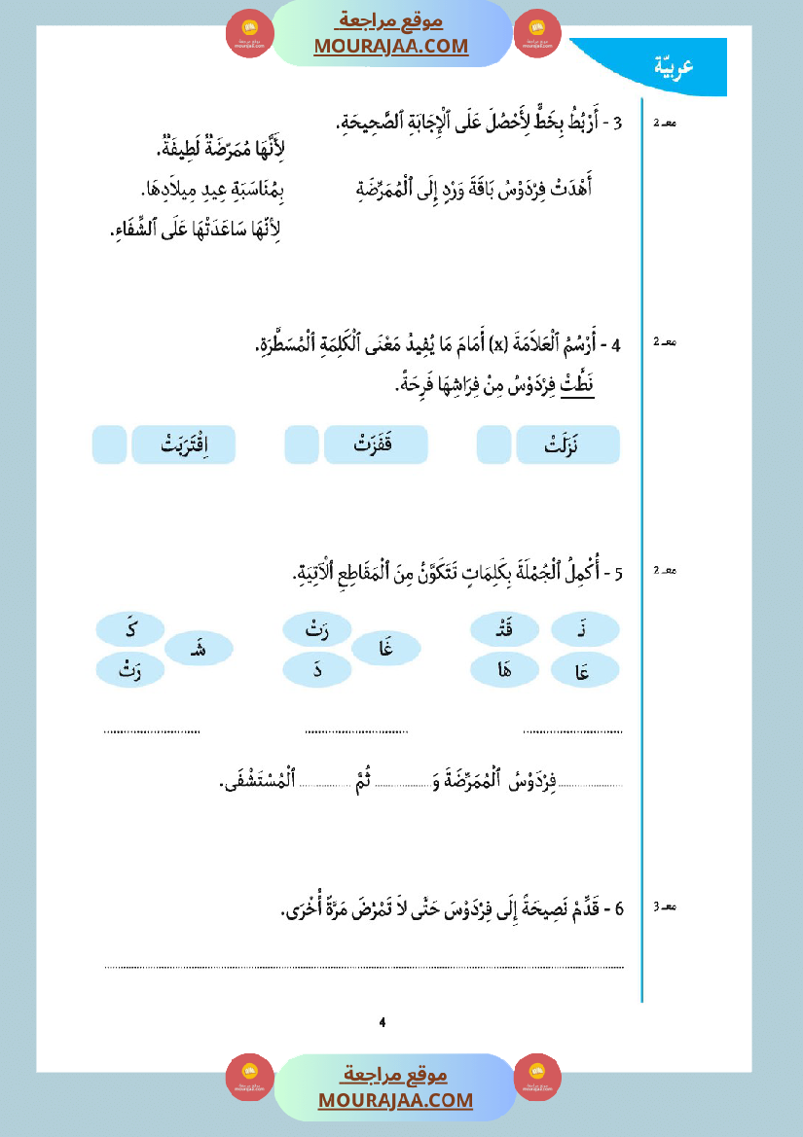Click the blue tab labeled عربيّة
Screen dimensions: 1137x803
click(674, 66)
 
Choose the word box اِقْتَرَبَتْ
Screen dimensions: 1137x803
click(184, 444)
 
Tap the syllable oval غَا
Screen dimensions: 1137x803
click(386, 649)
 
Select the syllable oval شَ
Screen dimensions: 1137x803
click(200, 649)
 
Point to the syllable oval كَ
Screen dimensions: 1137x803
click(130, 630)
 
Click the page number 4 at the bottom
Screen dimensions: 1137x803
click(383, 1022)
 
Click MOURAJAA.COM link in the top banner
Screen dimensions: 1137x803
click(390, 46)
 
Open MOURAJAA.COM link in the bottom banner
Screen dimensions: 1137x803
click(395, 1100)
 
